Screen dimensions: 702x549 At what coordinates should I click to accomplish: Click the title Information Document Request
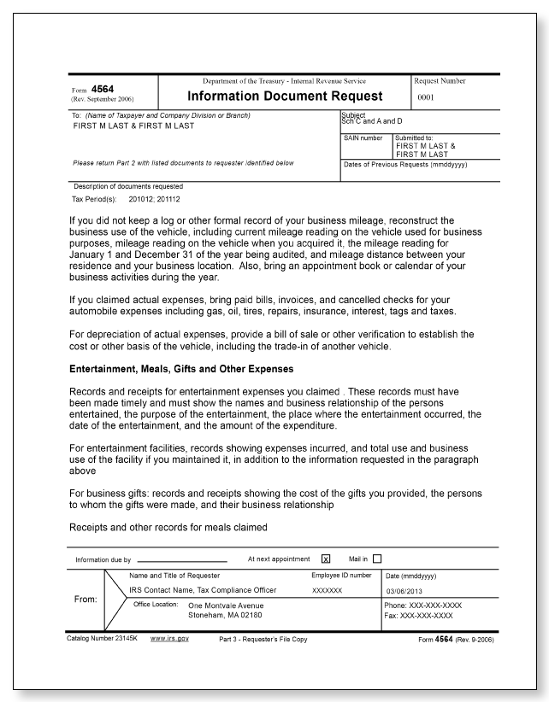(x=284, y=96)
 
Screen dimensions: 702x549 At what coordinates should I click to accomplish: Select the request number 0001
(x=428, y=98)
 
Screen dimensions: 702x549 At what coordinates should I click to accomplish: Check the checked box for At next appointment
(x=326, y=560)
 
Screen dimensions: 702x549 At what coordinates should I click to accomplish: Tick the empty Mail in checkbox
(x=377, y=560)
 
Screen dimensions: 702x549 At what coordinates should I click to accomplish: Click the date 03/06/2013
(x=410, y=590)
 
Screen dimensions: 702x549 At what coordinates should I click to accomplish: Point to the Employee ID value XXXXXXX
(x=327, y=590)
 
